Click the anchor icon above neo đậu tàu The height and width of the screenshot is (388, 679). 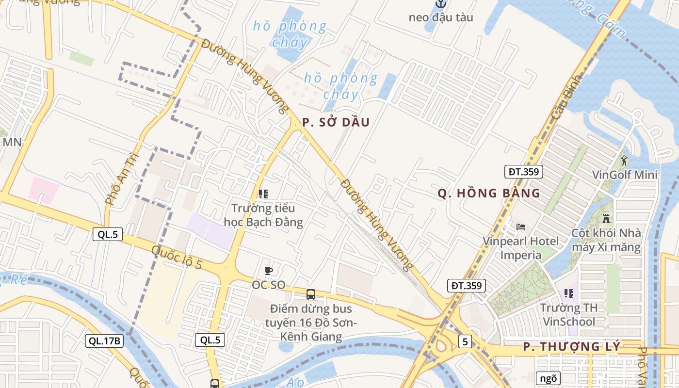(440, 4)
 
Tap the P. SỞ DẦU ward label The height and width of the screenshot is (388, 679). (336, 122)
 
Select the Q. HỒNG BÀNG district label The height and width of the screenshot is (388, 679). (489, 193)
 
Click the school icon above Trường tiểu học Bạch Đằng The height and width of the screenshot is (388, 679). (263, 194)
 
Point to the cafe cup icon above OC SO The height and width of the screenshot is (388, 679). (268, 271)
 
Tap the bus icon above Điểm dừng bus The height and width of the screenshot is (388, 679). (311, 294)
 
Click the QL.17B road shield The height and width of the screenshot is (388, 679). (104, 341)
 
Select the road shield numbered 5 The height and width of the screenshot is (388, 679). (465, 342)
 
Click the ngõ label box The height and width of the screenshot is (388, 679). (548, 378)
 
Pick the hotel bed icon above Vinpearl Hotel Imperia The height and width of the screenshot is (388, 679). (521, 226)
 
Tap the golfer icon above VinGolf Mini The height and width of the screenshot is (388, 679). (624, 160)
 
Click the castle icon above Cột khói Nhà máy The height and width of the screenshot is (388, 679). (606, 218)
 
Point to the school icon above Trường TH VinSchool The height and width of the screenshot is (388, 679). (569, 293)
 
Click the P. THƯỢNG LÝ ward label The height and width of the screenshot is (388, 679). (572, 347)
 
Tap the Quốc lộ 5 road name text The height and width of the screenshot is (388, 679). (177, 258)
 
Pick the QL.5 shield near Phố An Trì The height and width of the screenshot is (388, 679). (108, 235)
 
